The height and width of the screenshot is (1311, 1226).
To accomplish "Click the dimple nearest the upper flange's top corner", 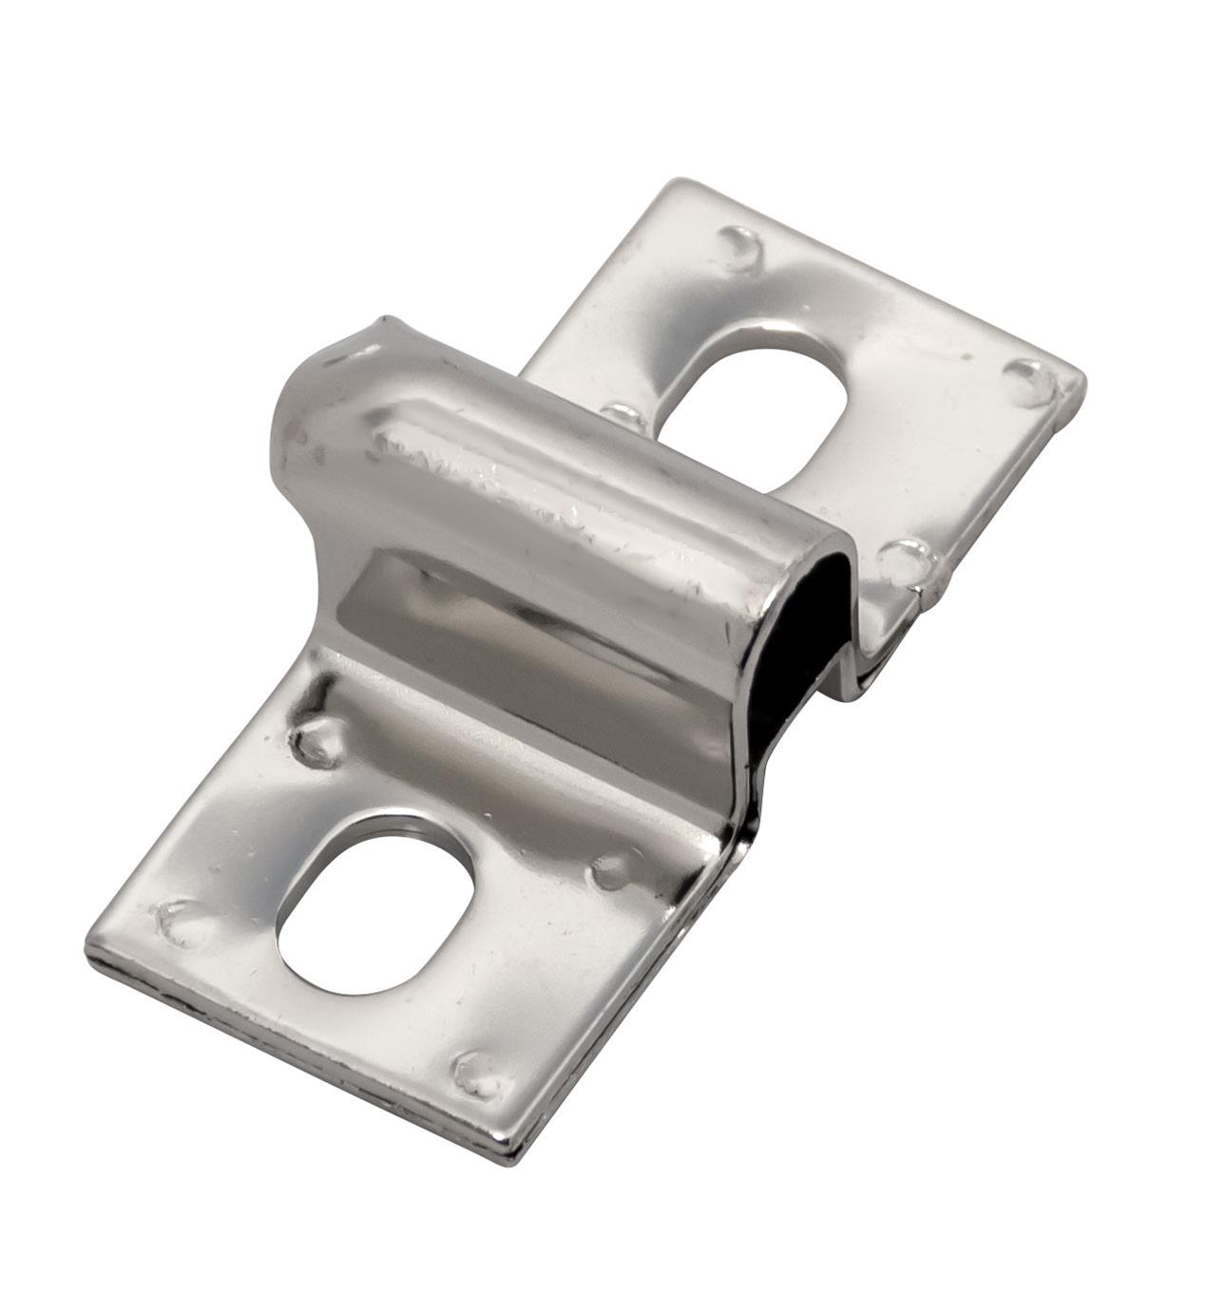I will pos(741,247).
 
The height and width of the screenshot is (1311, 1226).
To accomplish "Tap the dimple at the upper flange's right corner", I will pos(1028,382).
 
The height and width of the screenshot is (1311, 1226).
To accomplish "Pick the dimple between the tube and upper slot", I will pos(624,415).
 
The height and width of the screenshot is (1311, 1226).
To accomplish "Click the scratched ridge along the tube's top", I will pos(532,484).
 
